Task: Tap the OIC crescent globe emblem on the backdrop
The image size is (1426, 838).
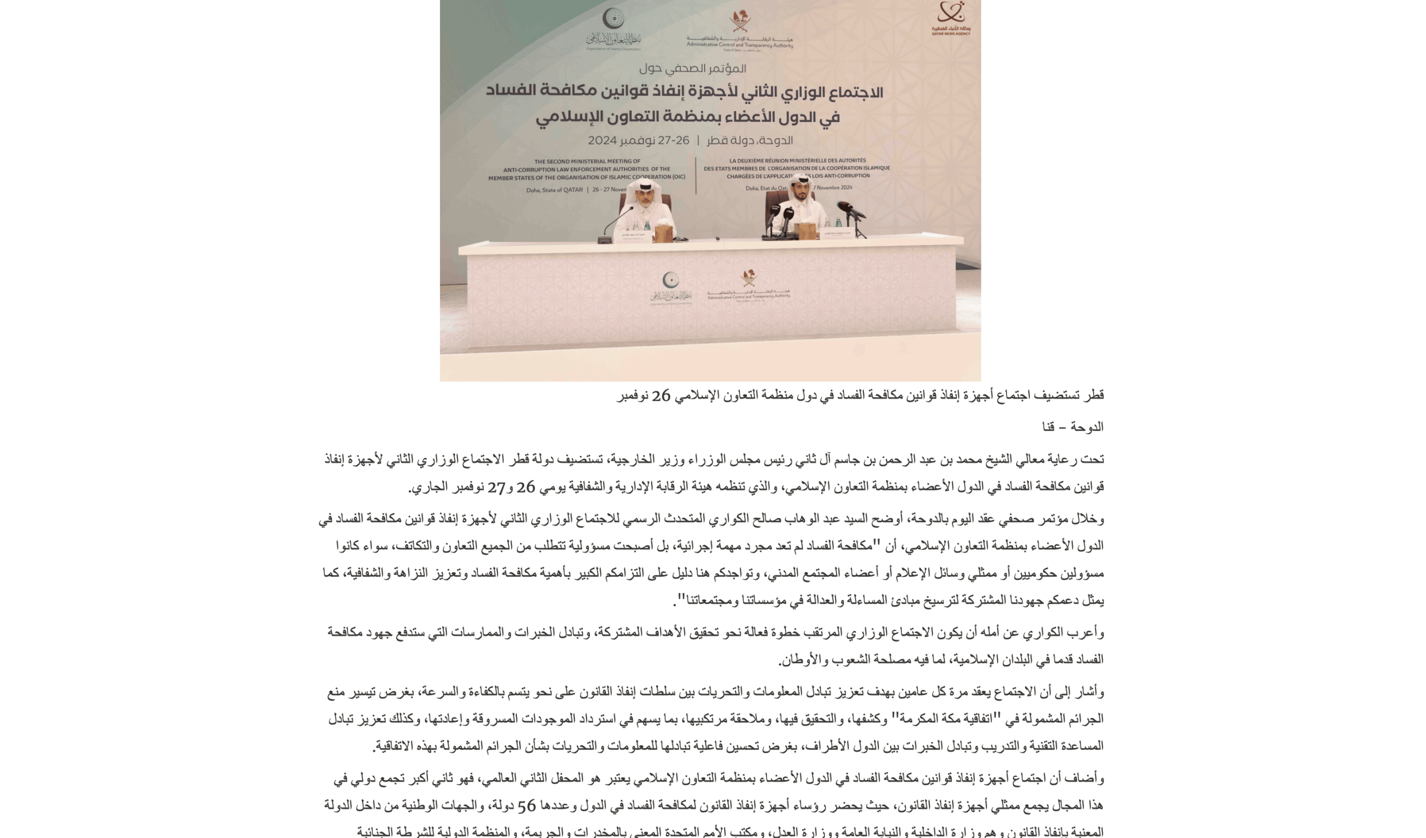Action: point(613,19)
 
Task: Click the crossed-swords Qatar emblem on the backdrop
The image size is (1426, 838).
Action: point(740,22)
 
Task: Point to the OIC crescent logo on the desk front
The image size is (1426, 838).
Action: point(671,280)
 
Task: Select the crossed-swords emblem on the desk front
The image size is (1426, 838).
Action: point(749,278)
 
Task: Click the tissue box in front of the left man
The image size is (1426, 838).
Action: point(663,233)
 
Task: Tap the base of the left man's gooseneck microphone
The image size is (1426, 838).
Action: point(604,240)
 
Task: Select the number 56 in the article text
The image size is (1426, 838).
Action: point(526,806)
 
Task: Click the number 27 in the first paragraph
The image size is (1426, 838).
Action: point(496,487)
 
